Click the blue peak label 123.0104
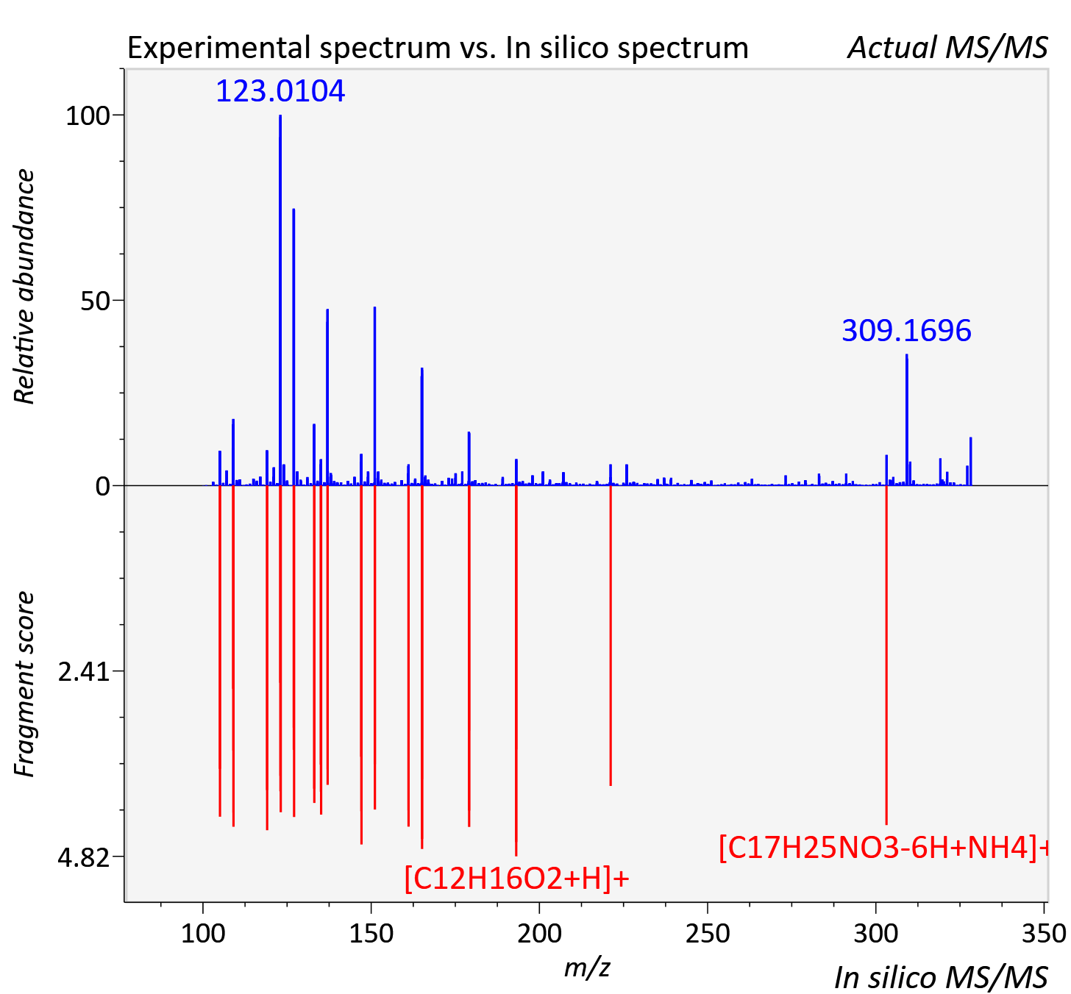(280, 91)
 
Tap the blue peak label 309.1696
(906, 330)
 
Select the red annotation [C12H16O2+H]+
(516, 878)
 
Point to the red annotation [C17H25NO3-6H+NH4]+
(883, 847)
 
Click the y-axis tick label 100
(88, 116)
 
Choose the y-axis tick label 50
(95, 301)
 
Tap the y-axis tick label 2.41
(84, 672)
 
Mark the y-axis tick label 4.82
(84, 858)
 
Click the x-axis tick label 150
(371, 934)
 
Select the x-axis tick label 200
(539, 934)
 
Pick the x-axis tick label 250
(708, 934)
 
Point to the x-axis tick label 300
(876, 934)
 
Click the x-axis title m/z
(587, 968)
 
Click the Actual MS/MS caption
(947, 48)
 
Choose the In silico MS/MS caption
(941, 977)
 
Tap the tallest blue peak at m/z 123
(280, 300)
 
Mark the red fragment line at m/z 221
(611, 635)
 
